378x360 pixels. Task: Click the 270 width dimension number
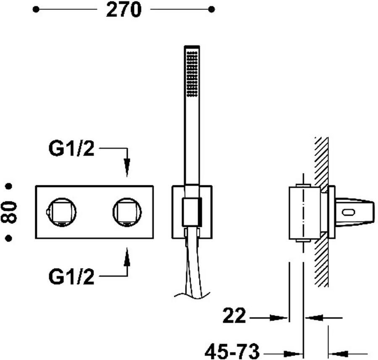pyautogui.click(x=123, y=10)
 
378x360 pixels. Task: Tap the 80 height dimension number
pyautogui.click(x=9, y=212)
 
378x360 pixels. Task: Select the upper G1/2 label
pyautogui.click(x=71, y=149)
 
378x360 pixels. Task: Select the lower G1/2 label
pyautogui.click(x=71, y=276)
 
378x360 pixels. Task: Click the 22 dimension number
pyautogui.click(x=234, y=315)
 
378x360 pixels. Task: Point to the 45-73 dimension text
pyautogui.click(x=232, y=351)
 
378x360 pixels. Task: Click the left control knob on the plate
pyautogui.click(x=62, y=212)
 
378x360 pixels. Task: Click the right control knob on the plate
pyautogui.click(x=127, y=212)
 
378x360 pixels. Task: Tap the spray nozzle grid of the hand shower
pyautogui.click(x=192, y=74)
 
